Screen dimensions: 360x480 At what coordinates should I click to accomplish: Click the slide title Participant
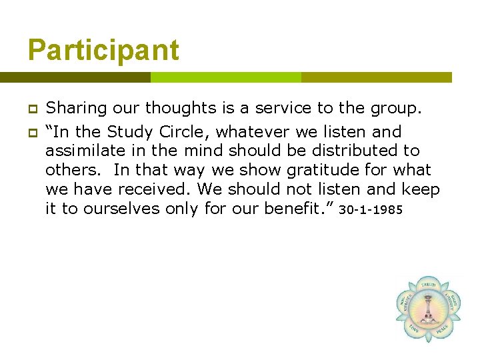pyautogui.click(x=103, y=51)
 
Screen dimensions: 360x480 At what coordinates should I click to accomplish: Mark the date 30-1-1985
pyautogui.click(x=371, y=211)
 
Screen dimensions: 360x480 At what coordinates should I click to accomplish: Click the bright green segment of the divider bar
pyautogui.click(x=225, y=77)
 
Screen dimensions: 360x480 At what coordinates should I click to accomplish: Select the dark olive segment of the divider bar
pyautogui.click(x=75, y=77)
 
